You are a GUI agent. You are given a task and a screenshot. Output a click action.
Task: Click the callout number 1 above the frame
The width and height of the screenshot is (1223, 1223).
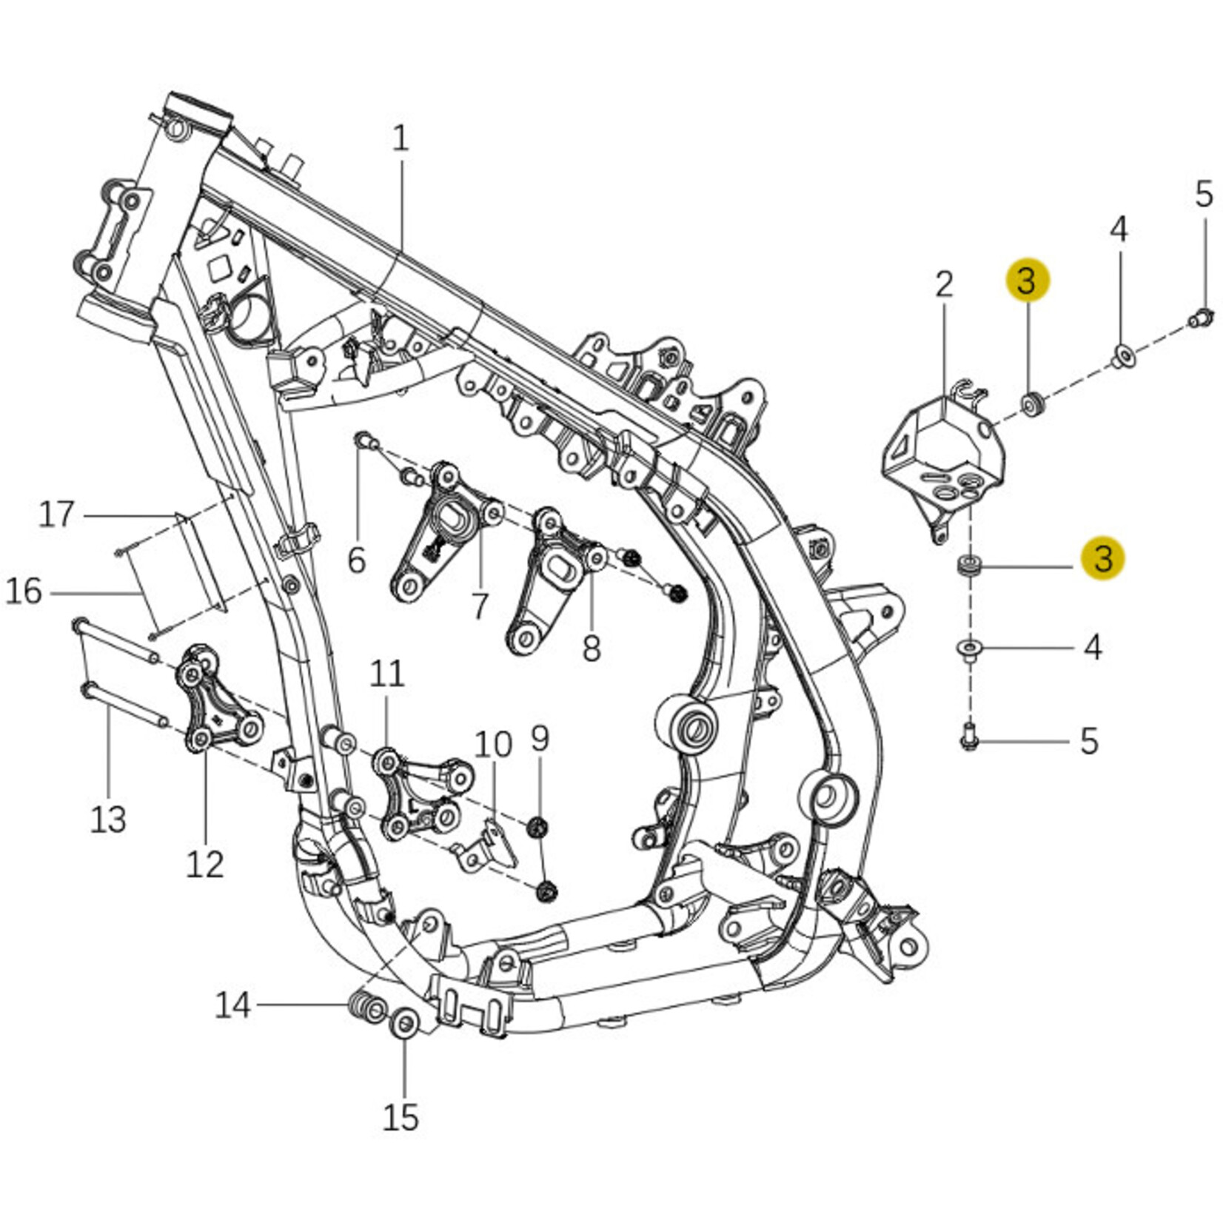(x=401, y=138)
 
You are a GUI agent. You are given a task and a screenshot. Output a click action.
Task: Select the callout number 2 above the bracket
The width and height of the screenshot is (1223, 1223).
(x=944, y=284)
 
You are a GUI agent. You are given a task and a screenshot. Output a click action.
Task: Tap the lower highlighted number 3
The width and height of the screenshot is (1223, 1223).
(x=1102, y=557)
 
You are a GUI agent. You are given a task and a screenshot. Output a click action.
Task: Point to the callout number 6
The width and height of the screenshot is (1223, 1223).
(x=357, y=560)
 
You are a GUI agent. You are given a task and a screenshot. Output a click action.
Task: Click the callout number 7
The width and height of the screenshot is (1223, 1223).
(x=480, y=606)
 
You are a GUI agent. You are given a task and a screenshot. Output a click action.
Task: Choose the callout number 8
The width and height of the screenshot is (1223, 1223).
(x=591, y=649)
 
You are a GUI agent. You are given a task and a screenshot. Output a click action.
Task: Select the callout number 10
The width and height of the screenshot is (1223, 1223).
(x=493, y=745)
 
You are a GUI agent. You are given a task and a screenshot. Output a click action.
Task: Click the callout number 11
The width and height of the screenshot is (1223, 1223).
(x=387, y=674)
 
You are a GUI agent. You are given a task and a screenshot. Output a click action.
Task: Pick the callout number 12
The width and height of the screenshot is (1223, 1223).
(x=204, y=864)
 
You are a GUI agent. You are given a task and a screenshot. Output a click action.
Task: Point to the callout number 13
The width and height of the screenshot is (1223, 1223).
(x=108, y=820)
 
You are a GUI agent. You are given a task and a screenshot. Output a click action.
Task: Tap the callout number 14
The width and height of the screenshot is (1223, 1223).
(x=233, y=1005)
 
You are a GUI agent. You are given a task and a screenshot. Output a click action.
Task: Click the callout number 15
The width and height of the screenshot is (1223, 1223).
(x=401, y=1118)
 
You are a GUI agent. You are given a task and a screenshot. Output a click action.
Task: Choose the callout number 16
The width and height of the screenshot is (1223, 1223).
(x=24, y=592)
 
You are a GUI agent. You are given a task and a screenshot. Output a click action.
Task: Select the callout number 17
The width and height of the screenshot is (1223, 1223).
(x=57, y=514)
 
